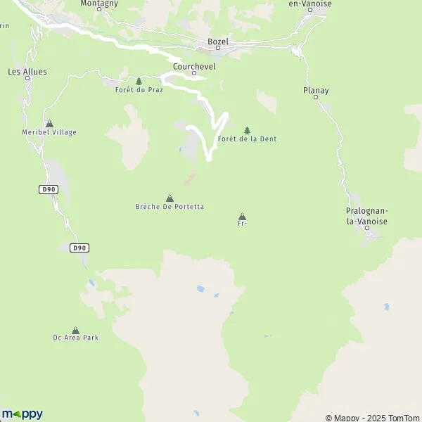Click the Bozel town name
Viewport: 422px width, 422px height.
click(218, 41)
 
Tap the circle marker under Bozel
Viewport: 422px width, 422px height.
click(218, 49)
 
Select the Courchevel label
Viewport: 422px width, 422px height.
click(193, 64)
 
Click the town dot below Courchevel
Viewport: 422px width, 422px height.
click(193, 72)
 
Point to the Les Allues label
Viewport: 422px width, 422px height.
click(28, 71)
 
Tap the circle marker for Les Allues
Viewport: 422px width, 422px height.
click(28, 78)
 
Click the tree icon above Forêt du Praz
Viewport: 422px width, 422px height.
click(139, 82)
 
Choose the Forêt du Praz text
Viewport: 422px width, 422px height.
click(139, 90)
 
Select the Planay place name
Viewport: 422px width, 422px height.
click(316, 91)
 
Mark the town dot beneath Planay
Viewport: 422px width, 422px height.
click(316, 98)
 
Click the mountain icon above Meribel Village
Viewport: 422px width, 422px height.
click(49, 124)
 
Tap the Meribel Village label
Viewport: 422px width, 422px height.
click(49, 132)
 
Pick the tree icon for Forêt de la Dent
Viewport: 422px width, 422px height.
click(247, 130)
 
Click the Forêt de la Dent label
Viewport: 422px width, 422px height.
click(248, 139)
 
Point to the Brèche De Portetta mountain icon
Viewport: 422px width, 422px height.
click(170, 198)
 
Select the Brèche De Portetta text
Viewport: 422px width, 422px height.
click(170, 207)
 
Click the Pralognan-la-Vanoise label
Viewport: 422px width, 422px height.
click(367, 216)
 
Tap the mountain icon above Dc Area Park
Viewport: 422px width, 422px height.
click(75, 330)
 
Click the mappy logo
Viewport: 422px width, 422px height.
click(22, 414)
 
